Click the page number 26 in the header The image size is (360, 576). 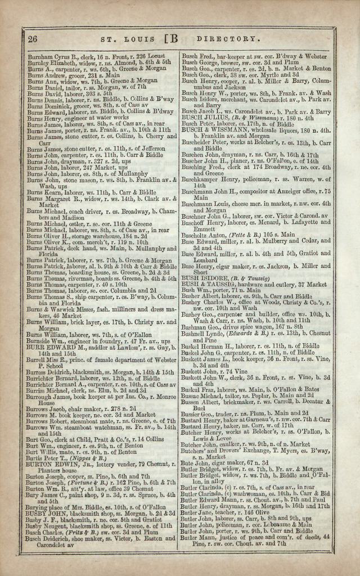click(x=33, y=39)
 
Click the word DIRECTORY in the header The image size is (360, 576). click(x=228, y=39)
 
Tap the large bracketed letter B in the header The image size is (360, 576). click(x=171, y=39)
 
